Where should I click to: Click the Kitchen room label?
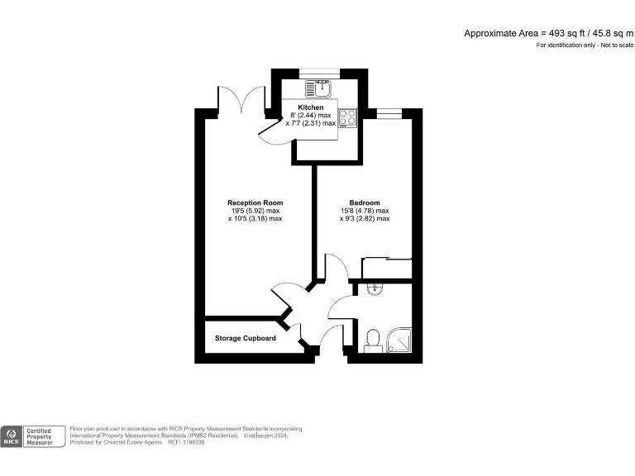[x=311, y=107]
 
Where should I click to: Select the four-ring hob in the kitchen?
[x=347, y=118]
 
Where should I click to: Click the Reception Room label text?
[x=255, y=202]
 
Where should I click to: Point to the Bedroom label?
[x=365, y=202]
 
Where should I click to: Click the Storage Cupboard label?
[x=246, y=338]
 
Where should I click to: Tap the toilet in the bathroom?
[x=372, y=340]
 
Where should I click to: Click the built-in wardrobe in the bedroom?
[x=387, y=269]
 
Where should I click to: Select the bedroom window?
[x=388, y=110]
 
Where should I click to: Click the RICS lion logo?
[x=12, y=435]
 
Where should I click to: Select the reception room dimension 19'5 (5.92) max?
[x=255, y=211]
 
